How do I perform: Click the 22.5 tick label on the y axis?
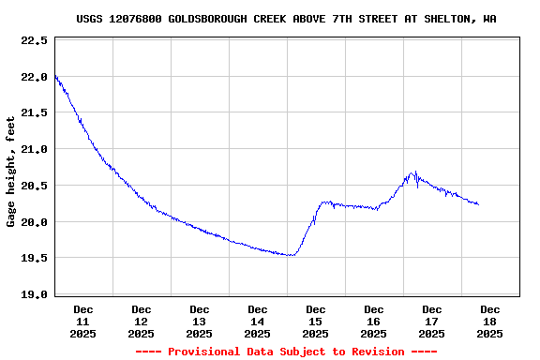click(x=34, y=41)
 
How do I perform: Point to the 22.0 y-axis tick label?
click(x=34, y=77)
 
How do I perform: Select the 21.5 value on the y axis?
click(x=34, y=113)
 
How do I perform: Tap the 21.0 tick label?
click(x=34, y=149)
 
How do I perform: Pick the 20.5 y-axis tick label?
click(x=34, y=186)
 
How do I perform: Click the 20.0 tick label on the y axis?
click(x=34, y=222)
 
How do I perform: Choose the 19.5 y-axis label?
click(x=34, y=258)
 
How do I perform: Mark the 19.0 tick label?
click(x=34, y=294)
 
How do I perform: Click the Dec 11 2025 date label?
click(x=83, y=321)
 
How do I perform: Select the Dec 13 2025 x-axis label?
click(x=200, y=321)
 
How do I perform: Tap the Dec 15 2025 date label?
click(x=316, y=321)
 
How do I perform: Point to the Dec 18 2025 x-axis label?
click(x=490, y=321)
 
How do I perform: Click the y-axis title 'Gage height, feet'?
click(x=11, y=172)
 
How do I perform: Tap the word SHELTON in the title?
click(x=450, y=19)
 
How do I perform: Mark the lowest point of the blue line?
click(x=292, y=255)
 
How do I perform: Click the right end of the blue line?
click(x=478, y=204)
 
